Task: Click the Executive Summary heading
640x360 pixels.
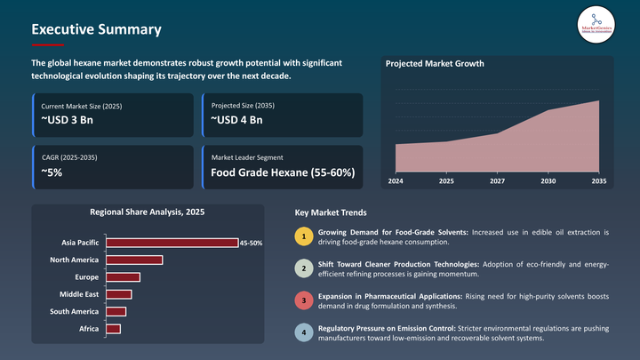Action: tap(96, 29)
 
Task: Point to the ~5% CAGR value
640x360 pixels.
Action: tap(52, 172)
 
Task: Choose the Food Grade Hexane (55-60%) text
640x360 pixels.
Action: tap(283, 172)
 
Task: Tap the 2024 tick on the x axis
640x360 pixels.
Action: tap(396, 181)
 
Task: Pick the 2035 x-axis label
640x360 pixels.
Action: tap(599, 181)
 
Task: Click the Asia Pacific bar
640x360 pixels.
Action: tap(172, 243)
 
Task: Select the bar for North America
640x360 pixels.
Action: tap(134, 260)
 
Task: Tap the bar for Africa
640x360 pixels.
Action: tap(113, 329)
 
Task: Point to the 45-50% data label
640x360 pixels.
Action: tap(252, 243)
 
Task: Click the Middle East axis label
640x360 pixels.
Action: tap(79, 294)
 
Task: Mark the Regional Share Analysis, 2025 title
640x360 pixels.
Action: tap(147, 212)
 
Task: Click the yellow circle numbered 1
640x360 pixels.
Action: tap(303, 237)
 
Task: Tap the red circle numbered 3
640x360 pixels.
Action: tap(303, 300)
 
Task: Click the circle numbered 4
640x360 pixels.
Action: tap(303, 333)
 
